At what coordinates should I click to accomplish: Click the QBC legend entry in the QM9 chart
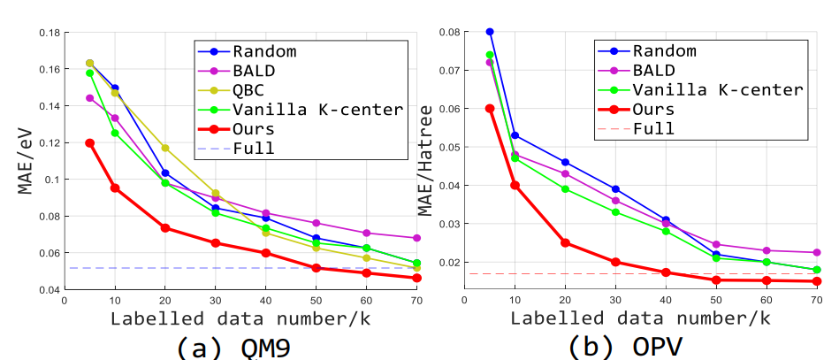pos(251,90)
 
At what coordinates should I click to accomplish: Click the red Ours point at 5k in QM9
pos(89,142)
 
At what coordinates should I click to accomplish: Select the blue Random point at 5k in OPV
pos(490,32)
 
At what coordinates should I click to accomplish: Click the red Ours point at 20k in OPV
pos(565,242)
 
